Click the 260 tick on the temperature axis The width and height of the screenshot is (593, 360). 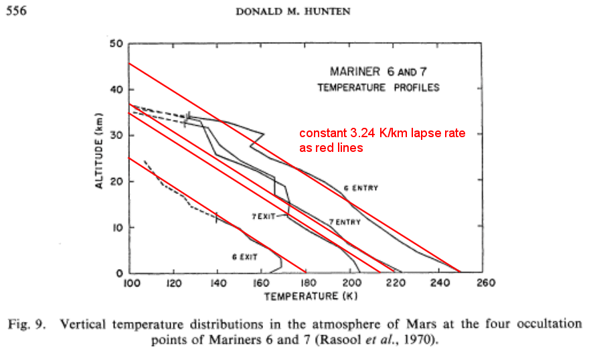[x=484, y=283]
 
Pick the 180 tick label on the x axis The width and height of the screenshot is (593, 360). [x=307, y=283]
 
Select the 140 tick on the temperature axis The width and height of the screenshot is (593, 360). [x=218, y=283]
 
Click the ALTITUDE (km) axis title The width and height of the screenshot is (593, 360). [x=98, y=152]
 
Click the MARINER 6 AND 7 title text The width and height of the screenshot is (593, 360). [x=378, y=71]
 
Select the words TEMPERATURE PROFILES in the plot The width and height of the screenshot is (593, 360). [x=379, y=88]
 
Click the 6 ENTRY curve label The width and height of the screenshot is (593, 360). [x=361, y=188]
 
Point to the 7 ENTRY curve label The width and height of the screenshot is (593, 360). [x=345, y=221]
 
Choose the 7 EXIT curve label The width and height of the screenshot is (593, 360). [x=264, y=217]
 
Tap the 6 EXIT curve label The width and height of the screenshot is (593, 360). [x=245, y=257]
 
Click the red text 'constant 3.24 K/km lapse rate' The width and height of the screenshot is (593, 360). [x=382, y=134]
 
